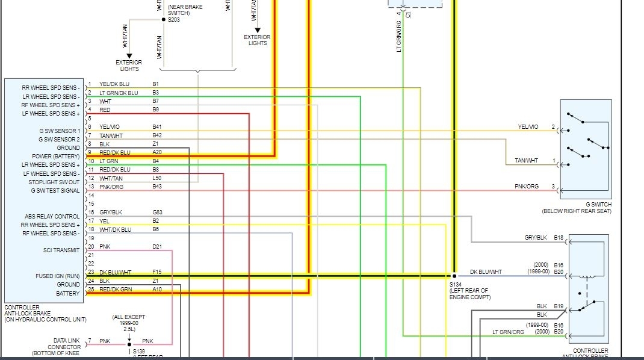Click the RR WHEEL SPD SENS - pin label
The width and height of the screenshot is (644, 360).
point(51,88)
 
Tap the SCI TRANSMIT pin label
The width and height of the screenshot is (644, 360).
point(61,250)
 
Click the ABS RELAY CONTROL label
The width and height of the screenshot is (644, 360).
point(52,217)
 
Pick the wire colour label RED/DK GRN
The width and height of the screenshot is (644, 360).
point(115,290)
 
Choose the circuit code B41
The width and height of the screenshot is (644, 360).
point(156,127)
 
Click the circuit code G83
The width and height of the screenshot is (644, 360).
point(157,213)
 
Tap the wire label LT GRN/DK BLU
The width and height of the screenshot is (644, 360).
point(119,93)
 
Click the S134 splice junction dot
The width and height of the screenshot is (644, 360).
point(454,276)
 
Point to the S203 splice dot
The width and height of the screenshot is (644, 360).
point(163,19)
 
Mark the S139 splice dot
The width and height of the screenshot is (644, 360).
point(129,346)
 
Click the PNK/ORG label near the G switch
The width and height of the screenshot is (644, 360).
point(527,187)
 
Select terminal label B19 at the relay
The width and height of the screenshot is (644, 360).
point(559,306)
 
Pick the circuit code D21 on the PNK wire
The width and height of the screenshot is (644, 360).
point(156,246)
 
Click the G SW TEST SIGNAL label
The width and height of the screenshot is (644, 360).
point(55,191)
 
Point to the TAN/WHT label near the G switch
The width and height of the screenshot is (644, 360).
point(527,161)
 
